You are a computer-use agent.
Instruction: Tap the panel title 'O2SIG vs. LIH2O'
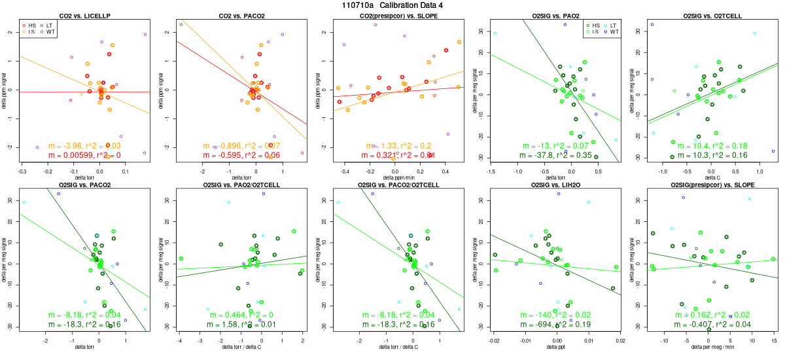coord(555,185)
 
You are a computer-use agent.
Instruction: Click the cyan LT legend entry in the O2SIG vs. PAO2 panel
coord(613,24)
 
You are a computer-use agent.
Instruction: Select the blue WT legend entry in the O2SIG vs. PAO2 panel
coord(613,31)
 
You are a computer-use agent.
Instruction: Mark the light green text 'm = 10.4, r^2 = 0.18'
coord(712,145)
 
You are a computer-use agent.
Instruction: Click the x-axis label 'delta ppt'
coord(555,348)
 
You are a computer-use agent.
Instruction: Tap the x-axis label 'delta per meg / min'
coord(712,348)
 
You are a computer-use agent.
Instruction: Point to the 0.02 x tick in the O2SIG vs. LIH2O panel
coord(620,340)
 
